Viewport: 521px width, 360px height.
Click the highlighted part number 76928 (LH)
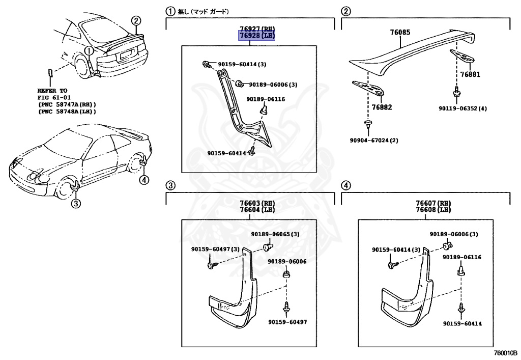257,36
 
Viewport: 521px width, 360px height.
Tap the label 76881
470,74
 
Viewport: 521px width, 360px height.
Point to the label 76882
382,107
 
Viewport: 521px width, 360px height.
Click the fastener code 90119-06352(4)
462,108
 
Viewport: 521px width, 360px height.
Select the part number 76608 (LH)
432,210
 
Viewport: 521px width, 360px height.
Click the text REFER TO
52,90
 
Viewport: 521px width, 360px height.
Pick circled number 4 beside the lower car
144,179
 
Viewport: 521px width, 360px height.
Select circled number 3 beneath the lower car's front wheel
75,204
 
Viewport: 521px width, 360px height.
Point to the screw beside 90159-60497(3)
211,265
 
